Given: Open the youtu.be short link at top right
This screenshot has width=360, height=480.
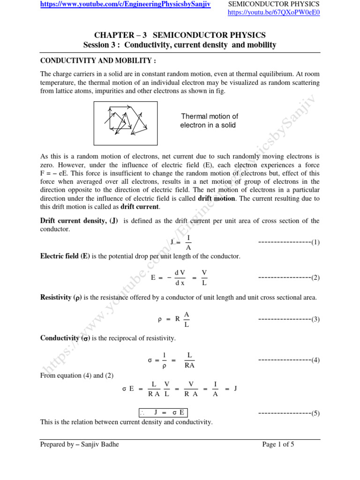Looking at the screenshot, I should tap(273, 13).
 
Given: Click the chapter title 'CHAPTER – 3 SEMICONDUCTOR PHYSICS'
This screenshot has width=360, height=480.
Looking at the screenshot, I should tap(180, 35).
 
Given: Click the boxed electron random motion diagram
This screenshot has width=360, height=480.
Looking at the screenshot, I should tap(126, 123).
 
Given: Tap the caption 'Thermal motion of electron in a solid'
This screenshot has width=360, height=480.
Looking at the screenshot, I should tap(210, 121).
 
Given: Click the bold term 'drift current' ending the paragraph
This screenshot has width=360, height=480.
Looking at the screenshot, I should tap(140, 207).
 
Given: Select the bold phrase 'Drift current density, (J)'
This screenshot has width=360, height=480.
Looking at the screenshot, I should tap(79, 221).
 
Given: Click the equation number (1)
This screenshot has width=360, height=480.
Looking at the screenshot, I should tap(315, 242).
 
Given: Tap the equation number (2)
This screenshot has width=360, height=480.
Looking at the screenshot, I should tap(315, 277).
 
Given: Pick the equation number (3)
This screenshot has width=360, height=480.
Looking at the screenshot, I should tap(315, 319).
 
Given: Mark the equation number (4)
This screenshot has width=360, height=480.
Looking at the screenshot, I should tap(315, 360).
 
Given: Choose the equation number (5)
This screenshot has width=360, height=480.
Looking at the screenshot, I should tap(315, 413).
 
